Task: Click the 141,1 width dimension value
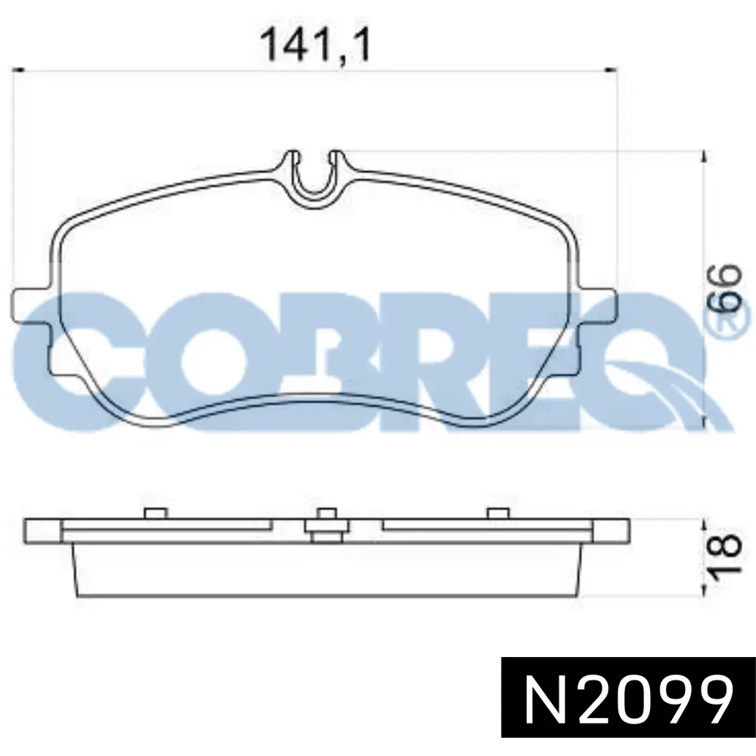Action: coord(316,45)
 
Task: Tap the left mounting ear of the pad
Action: coord(29,305)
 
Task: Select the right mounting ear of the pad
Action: coord(598,305)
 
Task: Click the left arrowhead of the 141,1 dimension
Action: coord(18,70)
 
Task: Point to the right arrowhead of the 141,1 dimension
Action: coord(612,70)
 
